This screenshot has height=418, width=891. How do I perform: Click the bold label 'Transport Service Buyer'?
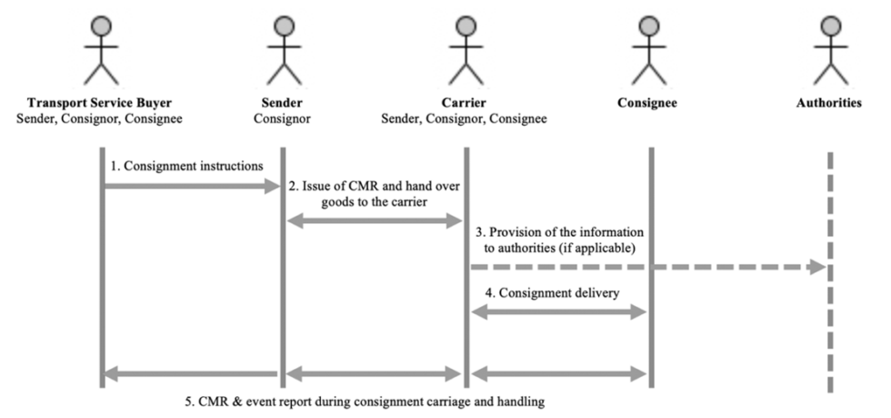click(100, 103)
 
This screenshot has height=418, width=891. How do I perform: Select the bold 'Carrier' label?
click(465, 103)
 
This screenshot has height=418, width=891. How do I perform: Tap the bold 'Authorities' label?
click(828, 103)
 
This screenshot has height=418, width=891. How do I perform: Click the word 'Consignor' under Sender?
click(283, 118)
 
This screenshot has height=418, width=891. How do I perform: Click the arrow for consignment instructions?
click(191, 187)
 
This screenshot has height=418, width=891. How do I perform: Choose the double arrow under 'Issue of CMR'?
click(374, 221)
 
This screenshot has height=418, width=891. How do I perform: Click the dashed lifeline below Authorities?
click(829, 328)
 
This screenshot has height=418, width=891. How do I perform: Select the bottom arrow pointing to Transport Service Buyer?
click(191, 373)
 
